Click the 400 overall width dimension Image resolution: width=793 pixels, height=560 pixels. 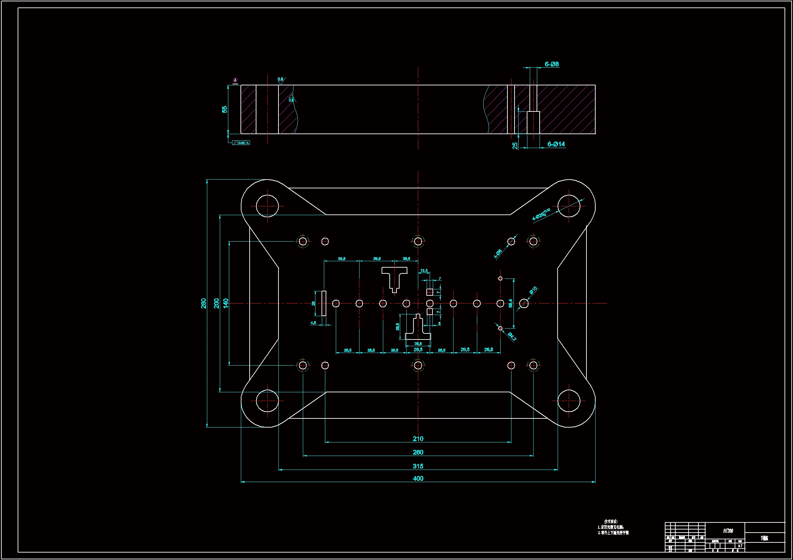point(418,478)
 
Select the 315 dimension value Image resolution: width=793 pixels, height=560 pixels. point(418,466)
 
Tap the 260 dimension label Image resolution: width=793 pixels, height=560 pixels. point(418,452)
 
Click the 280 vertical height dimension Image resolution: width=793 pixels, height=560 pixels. point(204,303)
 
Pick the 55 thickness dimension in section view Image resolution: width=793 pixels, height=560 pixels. point(225,109)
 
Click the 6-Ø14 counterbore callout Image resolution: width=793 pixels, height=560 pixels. point(556,144)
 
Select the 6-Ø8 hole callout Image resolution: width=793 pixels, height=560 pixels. point(552,64)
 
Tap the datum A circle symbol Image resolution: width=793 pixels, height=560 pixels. point(235,80)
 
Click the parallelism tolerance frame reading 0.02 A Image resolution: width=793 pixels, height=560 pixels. point(241,143)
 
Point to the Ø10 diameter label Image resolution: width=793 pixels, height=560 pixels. point(533,290)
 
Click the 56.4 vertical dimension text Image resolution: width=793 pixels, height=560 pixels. point(510,303)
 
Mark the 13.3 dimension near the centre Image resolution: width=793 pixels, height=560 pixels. point(424,270)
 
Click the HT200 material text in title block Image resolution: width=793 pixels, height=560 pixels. point(728,531)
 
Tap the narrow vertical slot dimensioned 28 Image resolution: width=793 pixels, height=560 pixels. point(324,303)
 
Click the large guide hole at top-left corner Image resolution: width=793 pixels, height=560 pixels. point(267,206)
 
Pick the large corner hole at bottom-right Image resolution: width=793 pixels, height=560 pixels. point(568,400)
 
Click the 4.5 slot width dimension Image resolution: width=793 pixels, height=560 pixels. point(313,323)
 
